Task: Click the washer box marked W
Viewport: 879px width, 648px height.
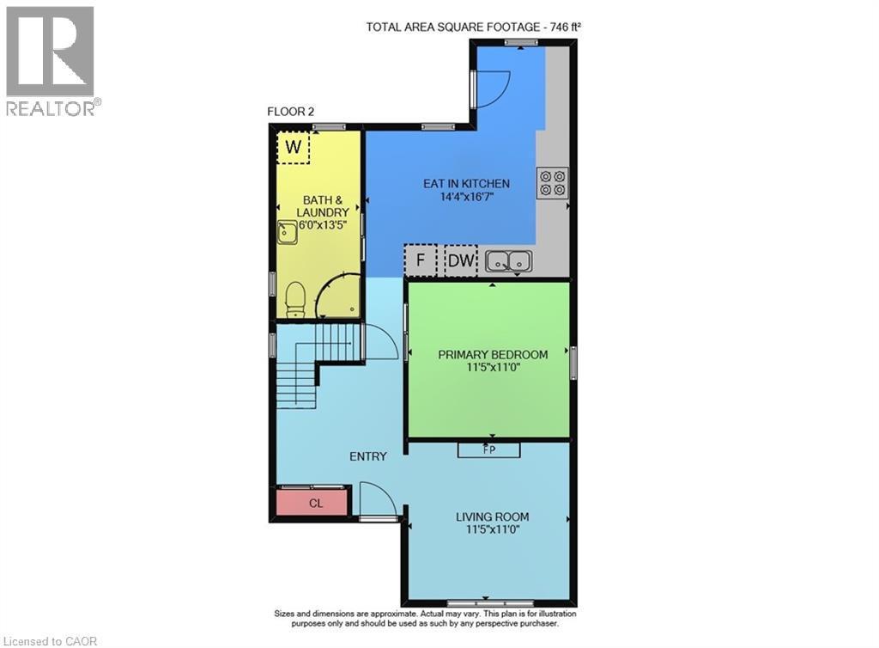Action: point(294,147)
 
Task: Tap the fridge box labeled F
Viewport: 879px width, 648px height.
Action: point(421,260)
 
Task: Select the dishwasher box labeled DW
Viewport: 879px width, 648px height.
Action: point(461,260)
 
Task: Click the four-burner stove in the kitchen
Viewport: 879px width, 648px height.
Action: point(552,183)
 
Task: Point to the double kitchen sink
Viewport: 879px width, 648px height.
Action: point(509,261)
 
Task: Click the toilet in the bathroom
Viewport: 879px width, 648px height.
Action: point(295,300)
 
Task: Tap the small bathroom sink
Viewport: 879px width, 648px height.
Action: point(288,232)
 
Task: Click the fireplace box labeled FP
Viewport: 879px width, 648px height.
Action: point(488,450)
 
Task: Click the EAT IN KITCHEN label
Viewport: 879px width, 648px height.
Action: point(466,183)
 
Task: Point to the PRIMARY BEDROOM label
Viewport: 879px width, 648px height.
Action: point(493,355)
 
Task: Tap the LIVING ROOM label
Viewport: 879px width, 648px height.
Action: point(492,517)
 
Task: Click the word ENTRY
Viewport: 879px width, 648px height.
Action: point(367,456)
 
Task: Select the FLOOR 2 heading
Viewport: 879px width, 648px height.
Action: point(290,112)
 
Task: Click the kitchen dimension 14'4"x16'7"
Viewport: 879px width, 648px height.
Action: point(466,197)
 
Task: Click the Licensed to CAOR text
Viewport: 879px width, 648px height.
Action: point(50,641)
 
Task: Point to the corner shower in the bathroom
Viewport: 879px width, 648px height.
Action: point(337,296)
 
